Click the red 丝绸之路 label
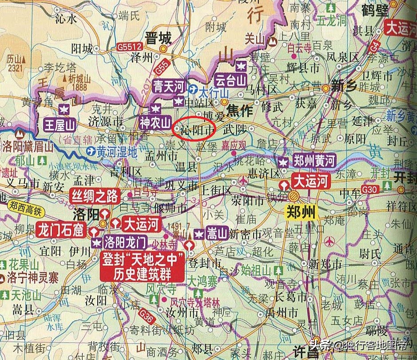point(95,196)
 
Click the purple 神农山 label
point(155,121)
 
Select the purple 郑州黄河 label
point(314,161)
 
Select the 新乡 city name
point(344,86)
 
